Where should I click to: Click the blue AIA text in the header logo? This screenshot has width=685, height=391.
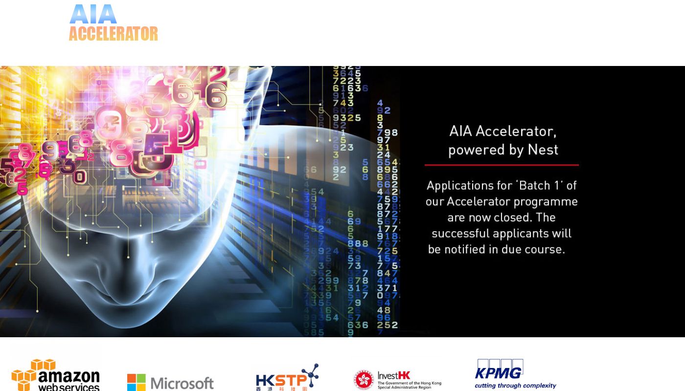(x=93, y=14)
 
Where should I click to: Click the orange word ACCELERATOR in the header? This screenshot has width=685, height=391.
(x=113, y=34)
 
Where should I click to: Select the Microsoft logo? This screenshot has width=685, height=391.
(x=170, y=383)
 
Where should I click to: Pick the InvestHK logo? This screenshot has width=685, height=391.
(x=397, y=380)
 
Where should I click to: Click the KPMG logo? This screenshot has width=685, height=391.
(x=515, y=374)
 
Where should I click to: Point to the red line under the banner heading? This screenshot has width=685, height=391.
(x=502, y=165)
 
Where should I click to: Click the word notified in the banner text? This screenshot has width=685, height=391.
(x=467, y=249)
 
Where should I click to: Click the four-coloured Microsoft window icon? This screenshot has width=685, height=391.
(x=137, y=383)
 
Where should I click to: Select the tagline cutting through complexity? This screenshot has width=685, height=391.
(x=515, y=386)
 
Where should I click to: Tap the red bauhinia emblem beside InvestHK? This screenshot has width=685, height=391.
(x=364, y=380)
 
